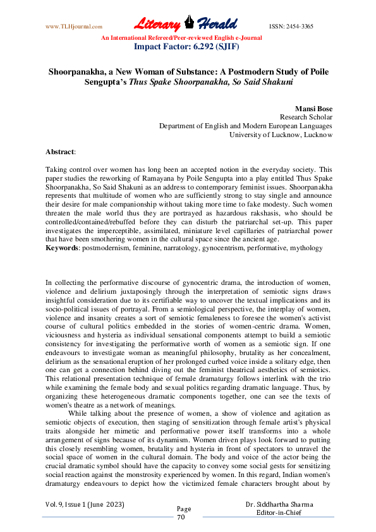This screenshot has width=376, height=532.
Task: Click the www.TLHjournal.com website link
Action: pos(74,27)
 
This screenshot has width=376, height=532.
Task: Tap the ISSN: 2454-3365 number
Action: pos(291,27)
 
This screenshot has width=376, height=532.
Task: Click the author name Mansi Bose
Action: pos(313,109)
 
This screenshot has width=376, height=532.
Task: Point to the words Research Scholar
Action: pos(306,118)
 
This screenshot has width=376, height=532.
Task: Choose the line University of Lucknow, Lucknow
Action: pos(280,135)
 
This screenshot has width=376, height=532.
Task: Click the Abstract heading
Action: pos(60,152)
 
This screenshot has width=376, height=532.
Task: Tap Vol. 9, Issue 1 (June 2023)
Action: pos(85,505)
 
